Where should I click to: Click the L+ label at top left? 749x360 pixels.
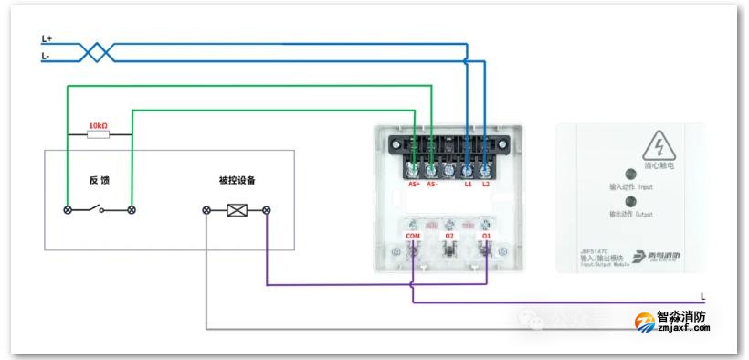47,39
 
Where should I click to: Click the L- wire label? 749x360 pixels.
46,56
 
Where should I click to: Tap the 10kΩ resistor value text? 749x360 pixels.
98,124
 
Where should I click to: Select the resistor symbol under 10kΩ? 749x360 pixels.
98,135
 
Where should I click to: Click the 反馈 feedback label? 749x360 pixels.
99,181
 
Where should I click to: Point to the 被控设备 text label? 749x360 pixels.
237,180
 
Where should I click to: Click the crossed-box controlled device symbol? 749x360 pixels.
237,210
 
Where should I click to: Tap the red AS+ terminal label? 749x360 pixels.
414,185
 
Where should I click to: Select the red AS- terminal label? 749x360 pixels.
432,185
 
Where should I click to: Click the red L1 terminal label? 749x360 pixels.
469,185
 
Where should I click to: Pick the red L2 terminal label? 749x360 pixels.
486,185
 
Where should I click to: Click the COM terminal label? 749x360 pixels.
412,237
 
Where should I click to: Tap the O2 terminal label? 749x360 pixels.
449,237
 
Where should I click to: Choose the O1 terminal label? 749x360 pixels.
486,237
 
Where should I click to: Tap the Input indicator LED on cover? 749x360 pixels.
628,173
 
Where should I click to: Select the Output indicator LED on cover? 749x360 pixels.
628,201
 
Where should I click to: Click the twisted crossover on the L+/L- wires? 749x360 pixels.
97,52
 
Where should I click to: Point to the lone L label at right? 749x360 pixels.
702,296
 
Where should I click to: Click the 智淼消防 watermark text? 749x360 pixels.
680,317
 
